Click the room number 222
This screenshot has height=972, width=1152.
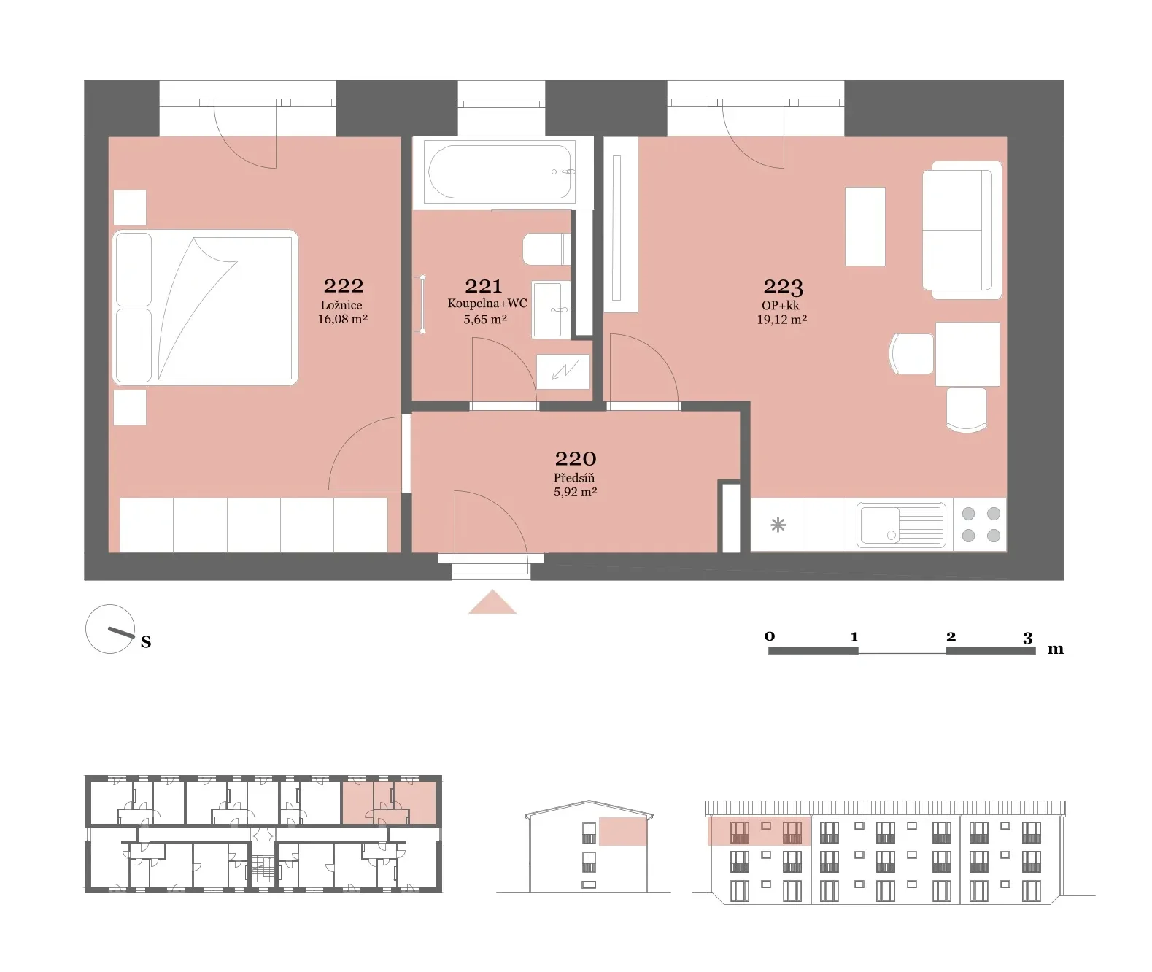tap(343, 286)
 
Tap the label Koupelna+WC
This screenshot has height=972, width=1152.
tap(487, 304)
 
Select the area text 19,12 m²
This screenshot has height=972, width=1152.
tap(782, 320)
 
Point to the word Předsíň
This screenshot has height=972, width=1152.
tap(574, 477)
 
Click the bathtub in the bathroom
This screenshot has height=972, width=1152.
tap(501, 171)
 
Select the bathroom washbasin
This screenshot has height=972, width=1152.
tap(551, 309)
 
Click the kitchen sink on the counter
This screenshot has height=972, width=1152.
tap(901, 525)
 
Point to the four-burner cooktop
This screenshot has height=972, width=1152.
tap(981, 525)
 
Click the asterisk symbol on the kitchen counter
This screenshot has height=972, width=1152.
tap(778, 525)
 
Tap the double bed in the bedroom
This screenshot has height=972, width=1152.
tap(205, 307)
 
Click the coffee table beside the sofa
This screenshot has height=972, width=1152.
tap(865, 226)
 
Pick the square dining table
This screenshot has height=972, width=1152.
tap(967, 355)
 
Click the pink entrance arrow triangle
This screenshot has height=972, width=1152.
tap(492, 602)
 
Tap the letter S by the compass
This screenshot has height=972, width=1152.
tap(146, 641)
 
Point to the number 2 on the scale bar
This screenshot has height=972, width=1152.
tap(951, 636)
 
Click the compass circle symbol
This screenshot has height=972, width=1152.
tap(109, 629)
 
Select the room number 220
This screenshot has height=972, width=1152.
tap(576, 459)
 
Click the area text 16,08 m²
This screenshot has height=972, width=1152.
tap(343, 319)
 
